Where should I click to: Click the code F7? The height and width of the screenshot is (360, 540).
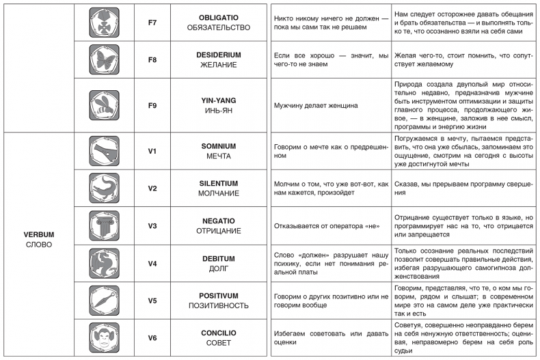(x=152, y=21)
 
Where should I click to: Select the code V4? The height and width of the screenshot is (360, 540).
(x=152, y=263)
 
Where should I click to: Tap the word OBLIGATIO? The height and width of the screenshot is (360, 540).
(x=218, y=16)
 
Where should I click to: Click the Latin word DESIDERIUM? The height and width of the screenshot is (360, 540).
(x=218, y=54)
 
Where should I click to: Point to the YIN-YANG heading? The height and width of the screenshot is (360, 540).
(x=218, y=100)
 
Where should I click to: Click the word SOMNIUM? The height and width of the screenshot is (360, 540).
(x=218, y=146)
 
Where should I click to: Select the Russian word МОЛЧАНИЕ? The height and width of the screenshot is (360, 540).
(x=218, y=194)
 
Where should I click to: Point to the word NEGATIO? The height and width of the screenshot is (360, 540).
(x=218, y=221)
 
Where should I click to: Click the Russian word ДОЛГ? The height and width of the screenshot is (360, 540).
(x=218, y=268)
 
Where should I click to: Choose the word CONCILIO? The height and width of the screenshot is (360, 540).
(x=218, y=332)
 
